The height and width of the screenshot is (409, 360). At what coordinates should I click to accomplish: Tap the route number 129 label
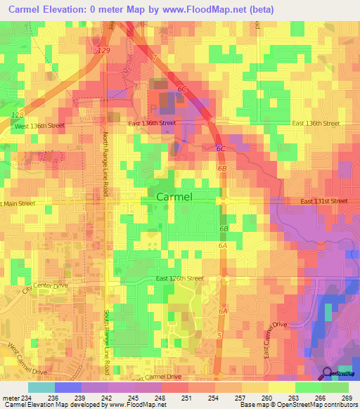(x=103, y=52)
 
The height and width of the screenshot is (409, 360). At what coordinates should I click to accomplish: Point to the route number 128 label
(x=18, y=114)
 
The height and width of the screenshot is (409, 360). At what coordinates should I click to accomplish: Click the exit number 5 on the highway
(x=220, y=336)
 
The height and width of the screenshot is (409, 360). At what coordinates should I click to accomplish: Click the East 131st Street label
(x=323, y=201)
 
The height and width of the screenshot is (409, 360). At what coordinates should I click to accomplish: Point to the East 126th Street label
(x=179, y=278)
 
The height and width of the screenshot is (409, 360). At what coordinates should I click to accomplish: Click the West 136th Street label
(x=40, y=126)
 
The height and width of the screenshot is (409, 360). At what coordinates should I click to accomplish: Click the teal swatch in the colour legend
(x=41, y=387)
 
